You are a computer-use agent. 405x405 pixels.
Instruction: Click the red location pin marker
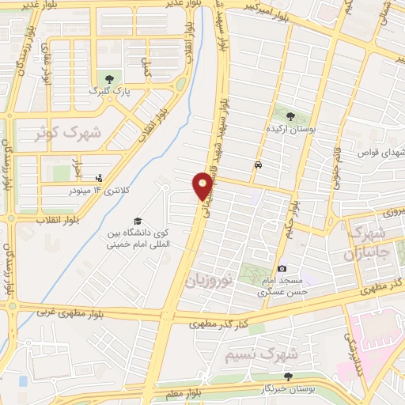203,185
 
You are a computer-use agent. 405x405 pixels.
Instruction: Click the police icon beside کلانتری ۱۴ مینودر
98,179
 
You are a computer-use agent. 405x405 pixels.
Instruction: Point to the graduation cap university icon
138,221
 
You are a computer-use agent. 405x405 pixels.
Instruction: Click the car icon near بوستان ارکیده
259,165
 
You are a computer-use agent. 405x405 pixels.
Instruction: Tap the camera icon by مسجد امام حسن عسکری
282,269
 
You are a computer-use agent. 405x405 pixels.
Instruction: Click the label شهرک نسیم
253,346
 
